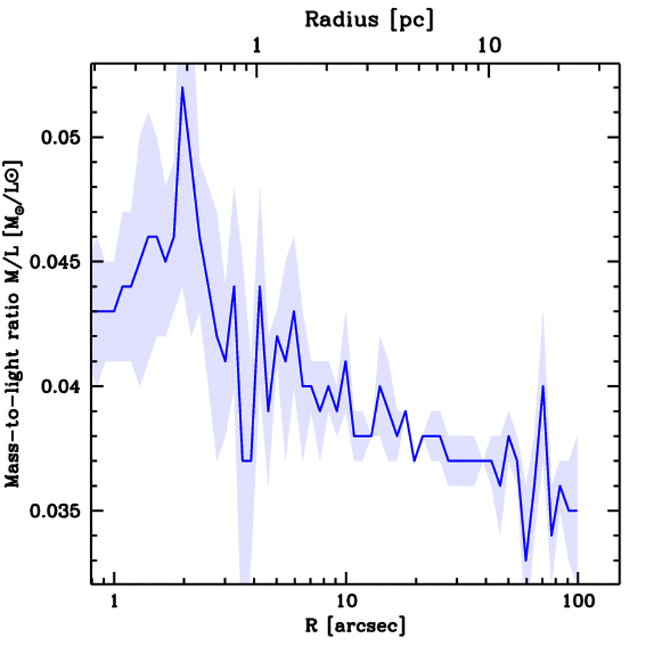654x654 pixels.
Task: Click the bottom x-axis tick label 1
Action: [114, 602]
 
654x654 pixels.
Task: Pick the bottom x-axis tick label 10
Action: [346, 602]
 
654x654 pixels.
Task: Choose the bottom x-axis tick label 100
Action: [577, 602]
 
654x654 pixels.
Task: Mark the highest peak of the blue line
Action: [182, 87]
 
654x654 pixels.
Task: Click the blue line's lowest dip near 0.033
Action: [526, 560]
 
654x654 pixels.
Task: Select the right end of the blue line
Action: [577, 511]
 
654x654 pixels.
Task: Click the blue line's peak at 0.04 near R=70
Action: [543, 386]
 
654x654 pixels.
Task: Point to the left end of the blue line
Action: [93, 311]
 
